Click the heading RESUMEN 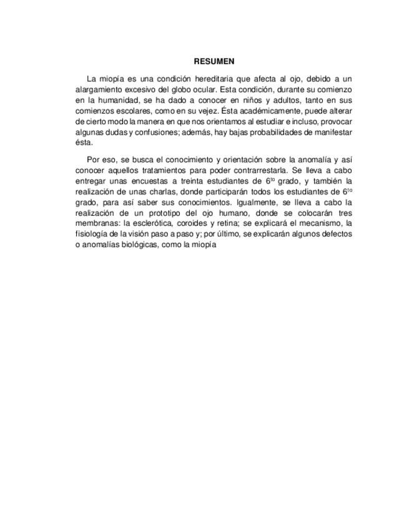tap(214, 61)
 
